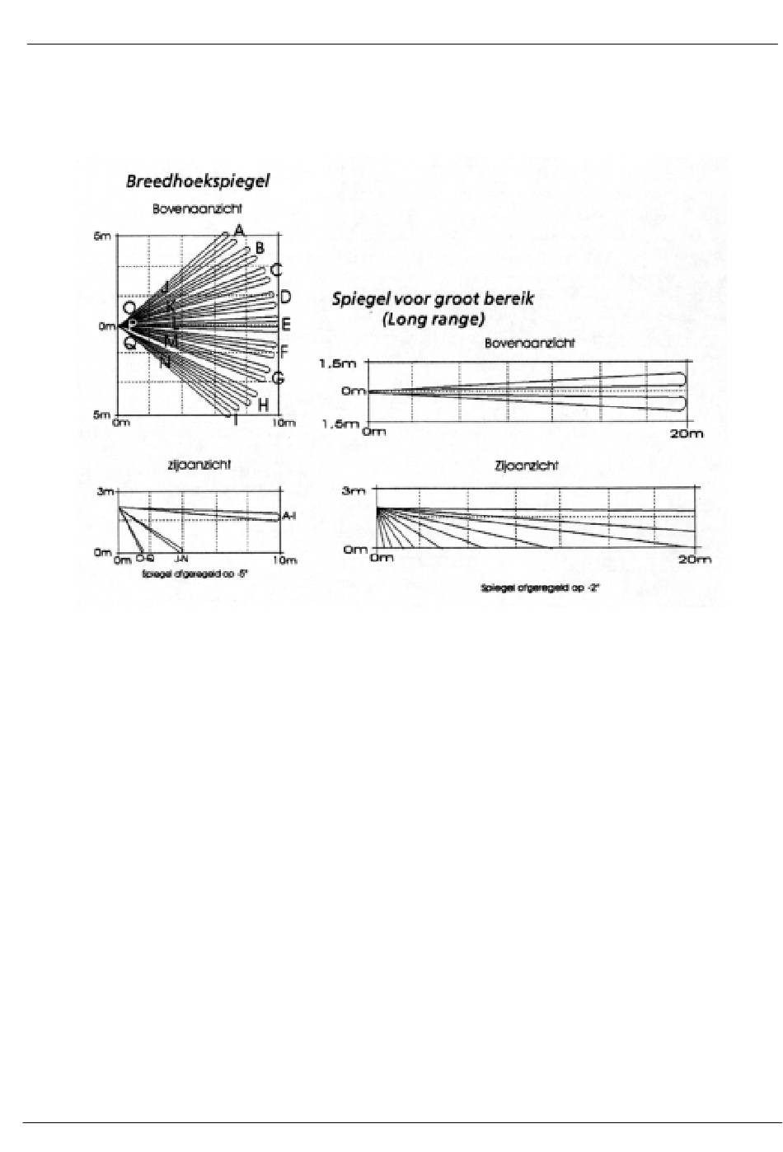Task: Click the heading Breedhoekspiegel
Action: [198, 181]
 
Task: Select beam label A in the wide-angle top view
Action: [239, 230]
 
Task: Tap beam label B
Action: [260, 248]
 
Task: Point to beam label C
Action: [276, 269]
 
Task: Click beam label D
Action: [285, 297]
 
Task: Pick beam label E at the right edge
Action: [286, 325]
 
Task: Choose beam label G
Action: [278, 378]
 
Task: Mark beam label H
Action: [263, 405]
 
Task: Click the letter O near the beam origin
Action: [129, 308]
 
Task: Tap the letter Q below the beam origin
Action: [129, 344]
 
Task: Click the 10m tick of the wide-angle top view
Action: [284, 423]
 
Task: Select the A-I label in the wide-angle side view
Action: [289, 516]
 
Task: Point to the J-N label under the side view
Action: [181, 559]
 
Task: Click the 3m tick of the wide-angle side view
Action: [105, 492]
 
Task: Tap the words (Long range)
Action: [434, 320]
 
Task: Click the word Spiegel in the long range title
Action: [359, 299]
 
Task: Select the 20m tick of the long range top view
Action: [686, 433]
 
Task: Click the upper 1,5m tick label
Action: [338, 363]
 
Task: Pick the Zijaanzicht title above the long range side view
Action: [526, 466]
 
